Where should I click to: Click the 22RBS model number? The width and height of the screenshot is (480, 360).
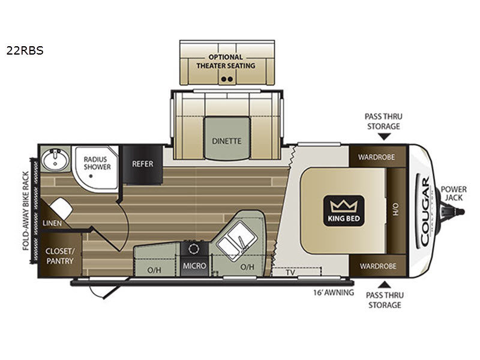(25, 50)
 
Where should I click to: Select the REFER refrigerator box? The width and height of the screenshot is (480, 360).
(143, 164)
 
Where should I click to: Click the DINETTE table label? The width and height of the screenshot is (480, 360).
(227, 141)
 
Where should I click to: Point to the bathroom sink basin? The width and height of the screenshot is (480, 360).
(55, 159)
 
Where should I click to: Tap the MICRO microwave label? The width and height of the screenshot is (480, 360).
(194, 266)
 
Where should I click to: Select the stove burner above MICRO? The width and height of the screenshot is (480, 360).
(194, 249)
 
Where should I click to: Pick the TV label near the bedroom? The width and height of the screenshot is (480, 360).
(290, 272)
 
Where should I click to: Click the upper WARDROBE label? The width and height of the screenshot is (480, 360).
(376, 157)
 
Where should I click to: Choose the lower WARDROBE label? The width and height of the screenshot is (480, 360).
(378, 266)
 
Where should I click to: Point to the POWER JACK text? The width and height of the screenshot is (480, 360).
(454, 193)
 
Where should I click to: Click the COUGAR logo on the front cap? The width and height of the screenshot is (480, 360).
(425, 212)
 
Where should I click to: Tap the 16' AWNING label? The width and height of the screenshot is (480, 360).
(334, 293)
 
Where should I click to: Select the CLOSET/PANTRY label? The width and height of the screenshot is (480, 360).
(59, 256)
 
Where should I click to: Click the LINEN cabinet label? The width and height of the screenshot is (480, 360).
(52, 223)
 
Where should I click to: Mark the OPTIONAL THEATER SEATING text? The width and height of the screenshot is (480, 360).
(226, 61)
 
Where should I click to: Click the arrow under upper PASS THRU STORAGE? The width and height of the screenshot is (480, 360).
(383, 137)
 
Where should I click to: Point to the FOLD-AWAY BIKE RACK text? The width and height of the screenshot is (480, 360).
(26, 211)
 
